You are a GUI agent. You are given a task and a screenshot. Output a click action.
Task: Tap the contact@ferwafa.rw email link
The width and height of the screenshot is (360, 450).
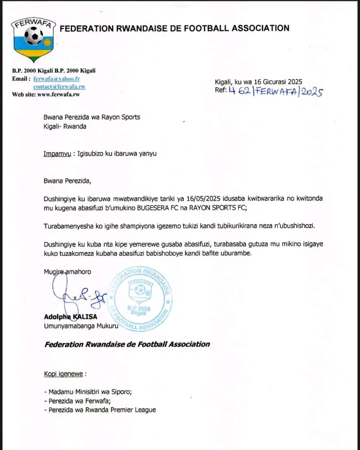point(60,86)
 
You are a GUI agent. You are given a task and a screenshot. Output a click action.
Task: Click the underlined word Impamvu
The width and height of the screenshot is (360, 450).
point(56,154)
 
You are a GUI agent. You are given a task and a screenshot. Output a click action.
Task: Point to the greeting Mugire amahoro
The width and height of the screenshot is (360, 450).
point(67,271)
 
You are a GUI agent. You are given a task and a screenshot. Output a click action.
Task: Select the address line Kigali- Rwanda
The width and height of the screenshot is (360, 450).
point(65,127)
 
